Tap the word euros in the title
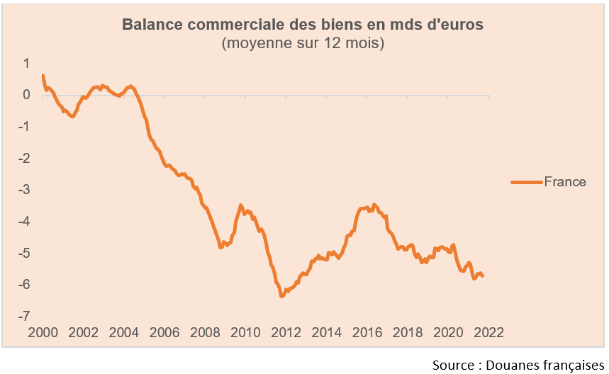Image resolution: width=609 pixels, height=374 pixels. (462, 25)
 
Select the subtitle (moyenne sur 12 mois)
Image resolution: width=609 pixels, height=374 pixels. (303, 43)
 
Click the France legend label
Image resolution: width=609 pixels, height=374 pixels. (565, 182)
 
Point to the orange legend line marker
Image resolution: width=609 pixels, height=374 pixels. (525, 182)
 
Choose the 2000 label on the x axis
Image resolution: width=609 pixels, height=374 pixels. (43, 333)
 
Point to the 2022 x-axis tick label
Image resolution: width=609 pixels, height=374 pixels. (488, 333)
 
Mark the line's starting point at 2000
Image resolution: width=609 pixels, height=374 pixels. (43, 75)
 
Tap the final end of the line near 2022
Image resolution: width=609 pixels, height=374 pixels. (483, 276)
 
